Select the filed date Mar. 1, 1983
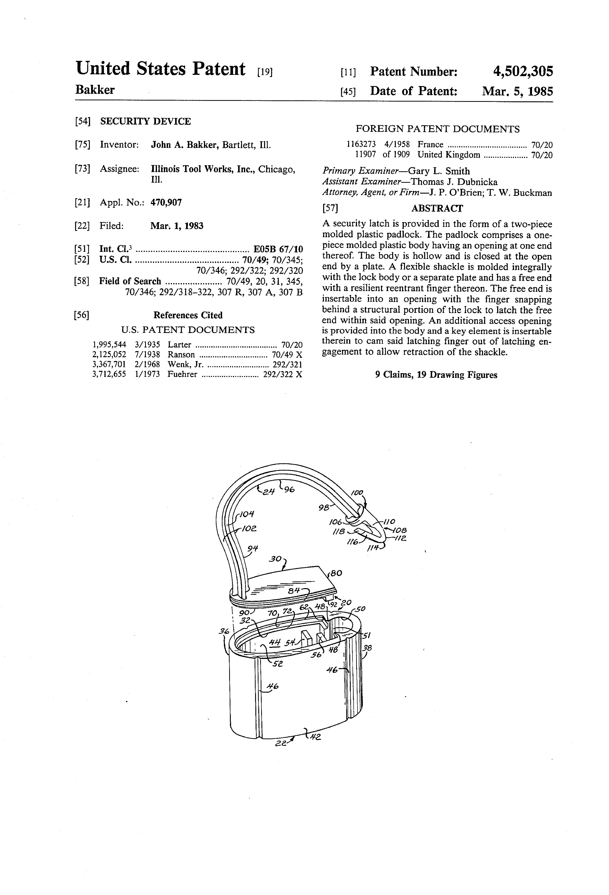177,226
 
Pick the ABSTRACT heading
437,208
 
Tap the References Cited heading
188,315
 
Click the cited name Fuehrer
182,374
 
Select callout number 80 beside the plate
336,573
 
